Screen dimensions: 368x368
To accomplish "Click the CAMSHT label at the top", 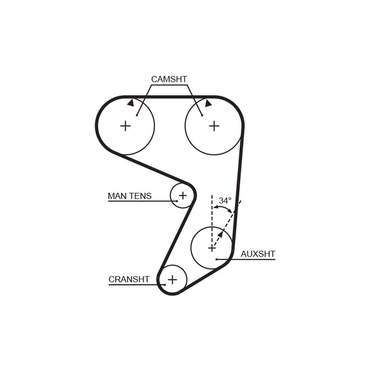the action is [x=169, y=79].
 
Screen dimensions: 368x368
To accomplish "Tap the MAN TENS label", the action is [x=129, y=196].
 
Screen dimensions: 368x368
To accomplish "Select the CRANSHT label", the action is [x=129, y=279].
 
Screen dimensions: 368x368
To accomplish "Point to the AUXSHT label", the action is [x=258, y=254].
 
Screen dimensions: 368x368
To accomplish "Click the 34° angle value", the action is [x=225, y=200].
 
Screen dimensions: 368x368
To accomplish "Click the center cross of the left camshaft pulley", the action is [x=126, y=126].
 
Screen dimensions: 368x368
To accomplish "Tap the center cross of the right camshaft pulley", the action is [x=214, y=126].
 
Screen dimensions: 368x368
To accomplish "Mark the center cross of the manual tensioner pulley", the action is [x=183, y=195].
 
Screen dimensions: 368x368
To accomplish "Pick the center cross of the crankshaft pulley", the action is [x=172, y=280].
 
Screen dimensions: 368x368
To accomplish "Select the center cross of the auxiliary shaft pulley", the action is [x=212, y=248].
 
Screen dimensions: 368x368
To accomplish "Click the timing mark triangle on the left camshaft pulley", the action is [x=131, y=103].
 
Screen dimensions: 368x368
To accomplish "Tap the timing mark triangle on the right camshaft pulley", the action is [x=208, y=103].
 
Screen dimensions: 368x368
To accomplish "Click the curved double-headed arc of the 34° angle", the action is [x=223, y=207].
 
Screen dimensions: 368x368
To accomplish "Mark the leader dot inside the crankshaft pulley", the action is [x=165, y=285].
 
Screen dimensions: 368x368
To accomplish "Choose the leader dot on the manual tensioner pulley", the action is [x=177, y=201].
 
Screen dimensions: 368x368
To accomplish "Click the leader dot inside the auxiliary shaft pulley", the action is [x=216, y=259].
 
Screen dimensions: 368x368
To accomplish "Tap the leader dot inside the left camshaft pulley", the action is [x=136, y=115].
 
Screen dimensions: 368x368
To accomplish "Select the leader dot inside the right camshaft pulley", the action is [x=202, y=115].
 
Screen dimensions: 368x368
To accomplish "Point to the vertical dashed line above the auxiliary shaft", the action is [x=212, y=220].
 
